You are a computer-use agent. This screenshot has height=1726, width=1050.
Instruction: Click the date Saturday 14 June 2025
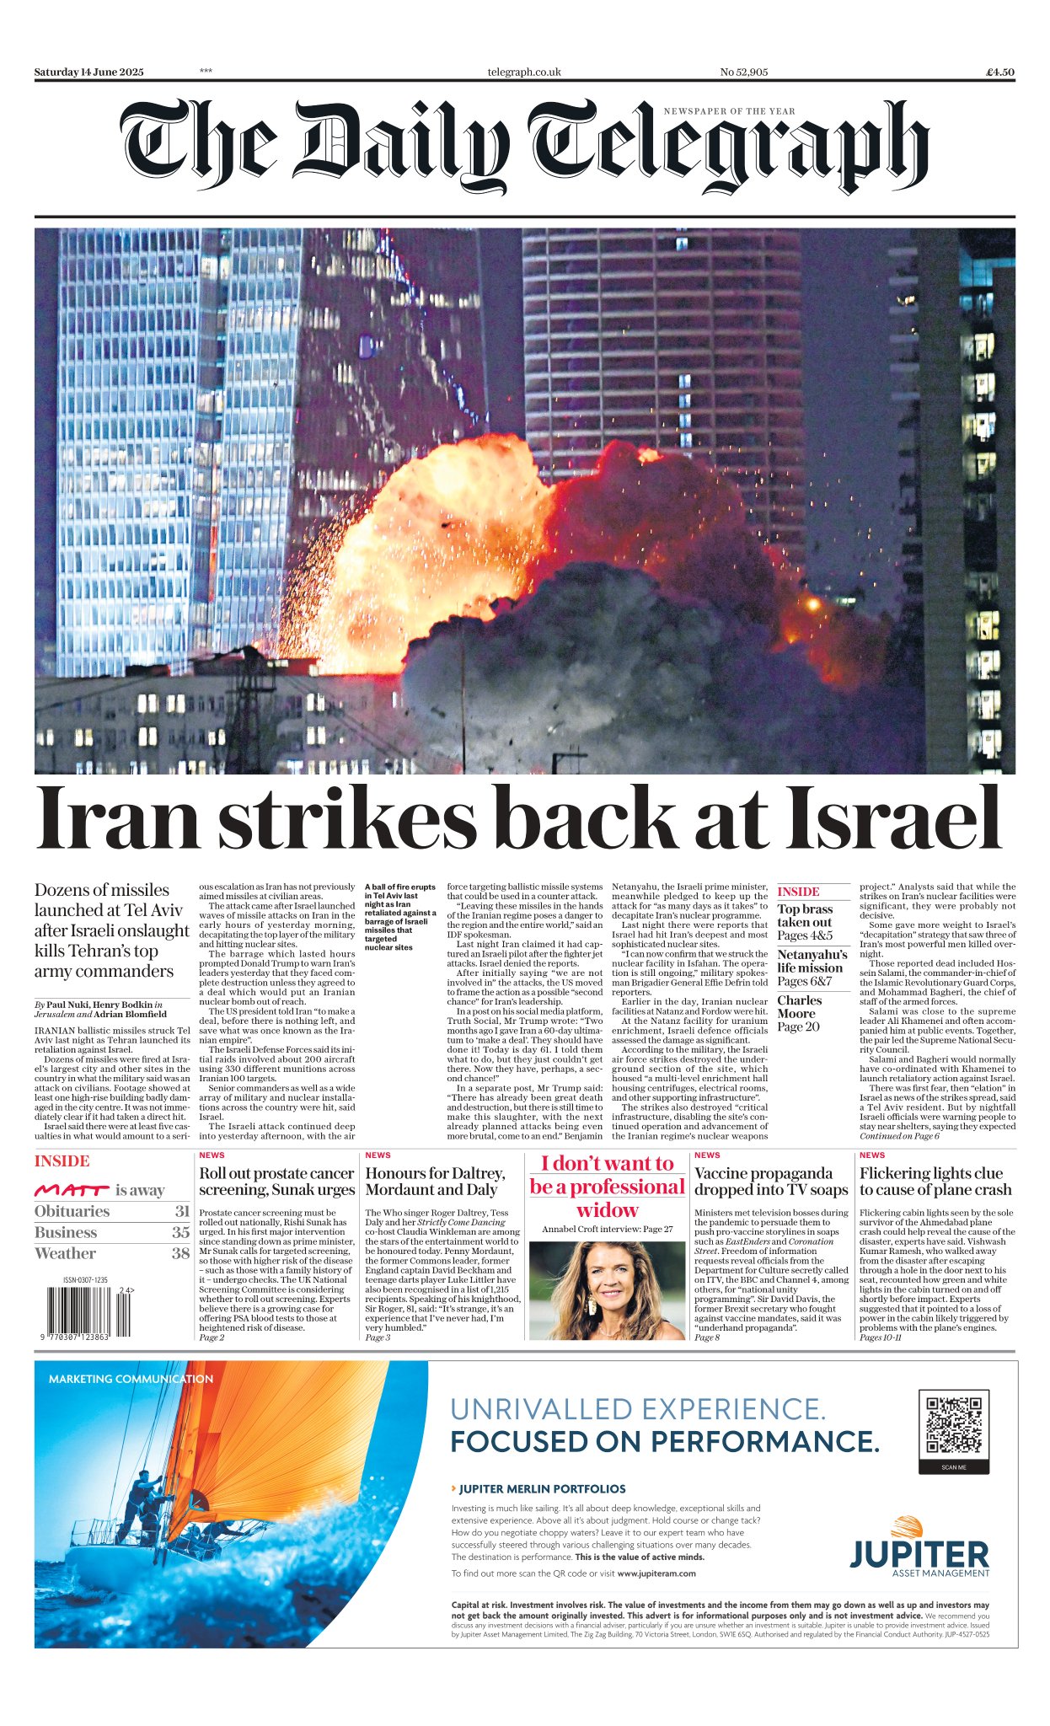point(88,72)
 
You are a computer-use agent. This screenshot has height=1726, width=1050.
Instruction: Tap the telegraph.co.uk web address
point(523,72)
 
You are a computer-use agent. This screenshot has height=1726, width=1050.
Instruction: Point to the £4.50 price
point(1000,72)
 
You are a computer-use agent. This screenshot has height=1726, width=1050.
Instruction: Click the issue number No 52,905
point(743,72)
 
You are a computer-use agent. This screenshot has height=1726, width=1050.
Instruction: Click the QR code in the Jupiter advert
point(953,1425)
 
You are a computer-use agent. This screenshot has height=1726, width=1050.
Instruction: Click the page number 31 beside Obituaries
point(182,1211)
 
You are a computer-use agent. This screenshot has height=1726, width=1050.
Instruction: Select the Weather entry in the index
point(65,1253)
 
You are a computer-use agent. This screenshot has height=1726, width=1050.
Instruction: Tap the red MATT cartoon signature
point(72,1190)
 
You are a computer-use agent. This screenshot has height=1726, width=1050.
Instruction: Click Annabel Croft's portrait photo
point(607,1290)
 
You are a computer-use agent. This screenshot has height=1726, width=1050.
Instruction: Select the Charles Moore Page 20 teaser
point(799,1014)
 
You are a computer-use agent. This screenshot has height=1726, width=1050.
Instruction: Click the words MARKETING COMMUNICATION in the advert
point(131,1379)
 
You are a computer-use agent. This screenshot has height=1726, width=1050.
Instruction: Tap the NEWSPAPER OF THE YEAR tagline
point(729,111)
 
